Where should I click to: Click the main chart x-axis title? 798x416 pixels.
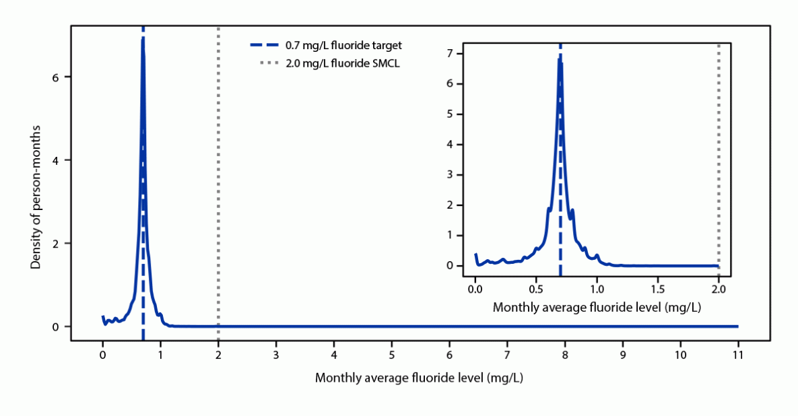pyautogui.click(x=419, y=378)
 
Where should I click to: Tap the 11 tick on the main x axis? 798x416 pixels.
pyautogui.click(x=738, y=353)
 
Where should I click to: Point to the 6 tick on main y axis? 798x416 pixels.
pyautogui.click(x=57, y=77)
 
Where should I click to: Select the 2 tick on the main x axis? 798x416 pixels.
pyautogui.click(x=218, y=353)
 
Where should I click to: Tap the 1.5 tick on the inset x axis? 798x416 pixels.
pyautogui.click(x=658, y=289)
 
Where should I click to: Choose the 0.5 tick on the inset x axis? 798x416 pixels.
pyautogui.click(x=536, y=289)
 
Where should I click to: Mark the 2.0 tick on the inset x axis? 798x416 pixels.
pyautogui.click(x=719, y=289)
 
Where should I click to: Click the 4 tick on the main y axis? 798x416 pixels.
pyautogui.click(x=57, y=160)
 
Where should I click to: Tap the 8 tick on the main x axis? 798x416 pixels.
pyautogui.click(x=565, y=353)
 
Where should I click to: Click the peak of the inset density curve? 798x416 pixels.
pyautogui.click(x=559, y=59)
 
